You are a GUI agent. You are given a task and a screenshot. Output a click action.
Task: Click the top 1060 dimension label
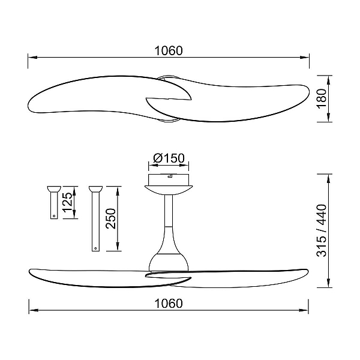[x=169, y=51]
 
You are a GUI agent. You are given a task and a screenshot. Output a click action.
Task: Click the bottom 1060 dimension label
[x=169, y=303]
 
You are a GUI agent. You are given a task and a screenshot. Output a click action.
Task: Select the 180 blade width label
[x=322, y=98]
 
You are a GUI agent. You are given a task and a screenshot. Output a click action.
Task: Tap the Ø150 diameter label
[x=169, y=158]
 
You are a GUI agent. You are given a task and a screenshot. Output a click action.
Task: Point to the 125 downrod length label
[x=68, y=203]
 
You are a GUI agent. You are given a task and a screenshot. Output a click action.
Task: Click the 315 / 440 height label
[x=322, y=230]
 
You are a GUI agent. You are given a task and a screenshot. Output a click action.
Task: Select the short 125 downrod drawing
[x=54, y=202]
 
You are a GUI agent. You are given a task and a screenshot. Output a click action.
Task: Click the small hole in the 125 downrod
[x=54, y=216]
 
